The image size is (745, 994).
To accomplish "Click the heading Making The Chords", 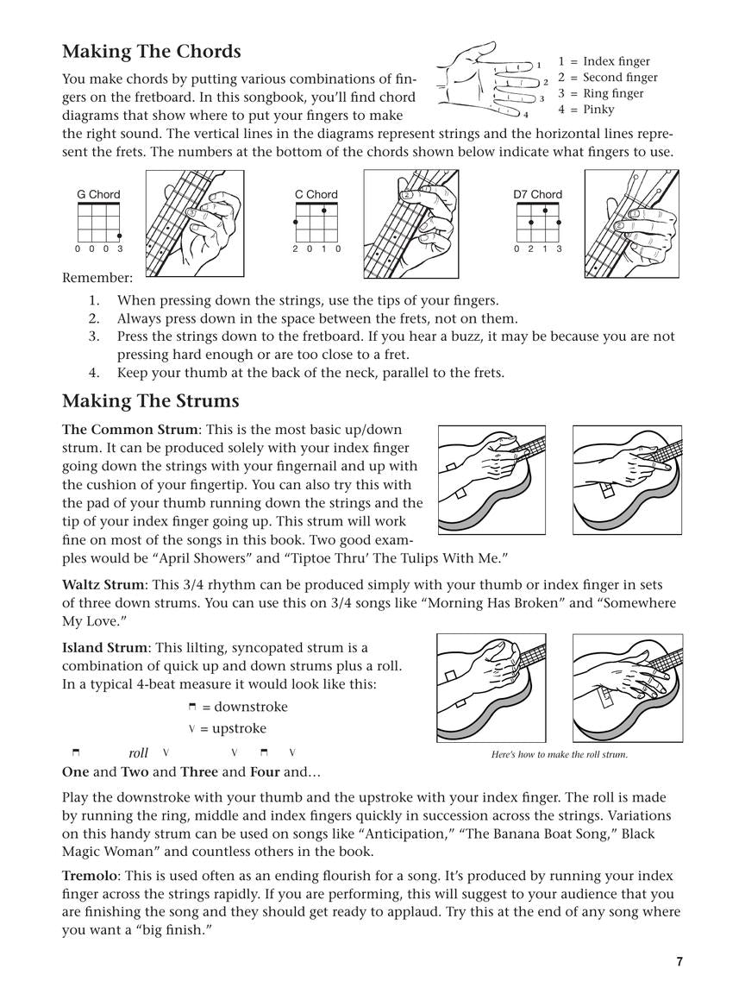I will click(x=151, y=52).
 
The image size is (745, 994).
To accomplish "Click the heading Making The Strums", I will click(x=150, y=401).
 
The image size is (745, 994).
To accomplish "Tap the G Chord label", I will click(x=98, y=194).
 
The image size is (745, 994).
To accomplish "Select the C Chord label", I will click(x=316, y=194).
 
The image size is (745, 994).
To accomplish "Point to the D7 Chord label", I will click(x=537, y=194).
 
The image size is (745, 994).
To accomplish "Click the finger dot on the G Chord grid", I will click(x=120, y=236).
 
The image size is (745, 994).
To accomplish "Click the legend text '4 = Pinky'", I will click(x=586, y=110).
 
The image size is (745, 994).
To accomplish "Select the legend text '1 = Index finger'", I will click(x=604, y=61).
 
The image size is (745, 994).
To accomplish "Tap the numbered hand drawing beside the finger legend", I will click(x=487, y=79).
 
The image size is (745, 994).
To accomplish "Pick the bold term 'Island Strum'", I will click(x=104, y=648).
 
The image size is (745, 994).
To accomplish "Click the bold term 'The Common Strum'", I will click(x=129, y=430).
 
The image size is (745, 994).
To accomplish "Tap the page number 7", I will click(x=679, y=962).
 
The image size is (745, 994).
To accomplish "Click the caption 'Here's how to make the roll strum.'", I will click(x=559, y=755).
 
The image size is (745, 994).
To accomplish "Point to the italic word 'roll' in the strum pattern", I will click(x=138, y=753).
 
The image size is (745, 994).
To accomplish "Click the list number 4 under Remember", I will click(x=95, y=373).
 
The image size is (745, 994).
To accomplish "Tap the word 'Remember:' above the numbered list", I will click(x=97, y=278).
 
